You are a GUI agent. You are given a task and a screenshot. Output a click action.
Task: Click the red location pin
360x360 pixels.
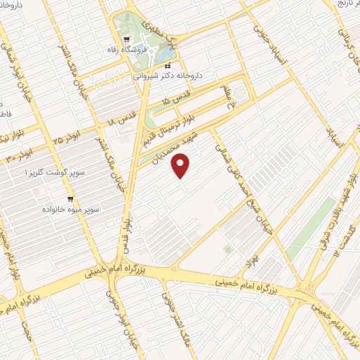click(x=182, y=166)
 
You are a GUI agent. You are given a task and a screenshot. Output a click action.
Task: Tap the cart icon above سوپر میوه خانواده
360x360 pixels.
click(x=70, y=199)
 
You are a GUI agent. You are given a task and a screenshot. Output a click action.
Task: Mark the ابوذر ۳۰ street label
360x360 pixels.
click(x=20, y=155)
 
